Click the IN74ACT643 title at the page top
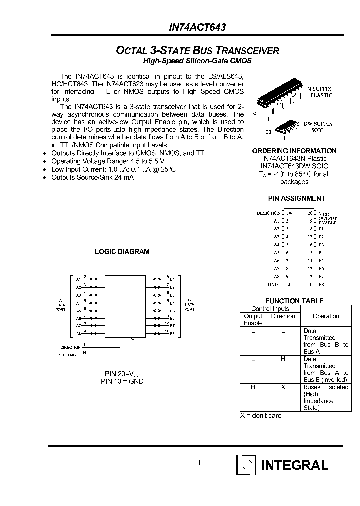[197, 28]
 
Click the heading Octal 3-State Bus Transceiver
[197, 51]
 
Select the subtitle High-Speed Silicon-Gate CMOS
[197, 61]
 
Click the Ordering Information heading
[294, 151]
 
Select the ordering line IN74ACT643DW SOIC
[294, 166]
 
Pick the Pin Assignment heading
[296, 198]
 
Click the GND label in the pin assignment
[272, 284]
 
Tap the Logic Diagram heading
[122, 252]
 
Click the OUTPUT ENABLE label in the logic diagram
[65, 354]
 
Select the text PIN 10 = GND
[122, 381]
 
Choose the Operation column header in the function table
[326, 316]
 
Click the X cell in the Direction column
[283, 387]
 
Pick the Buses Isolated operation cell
[325, 397]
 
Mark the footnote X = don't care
[261, 416]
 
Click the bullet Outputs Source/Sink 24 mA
[92, 177]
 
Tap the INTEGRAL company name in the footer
[294, 465]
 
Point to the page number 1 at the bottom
[199, 463]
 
